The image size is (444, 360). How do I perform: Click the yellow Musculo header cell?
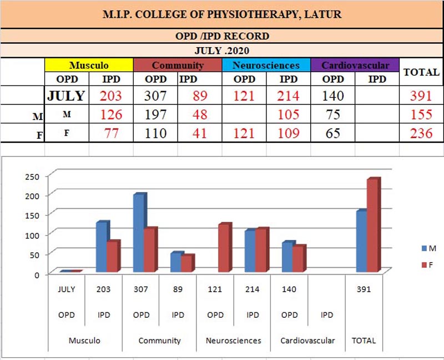click(89, 65)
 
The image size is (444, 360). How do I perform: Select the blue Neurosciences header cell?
click(266, 65)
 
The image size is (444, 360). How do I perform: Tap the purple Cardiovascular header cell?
click(355, 65)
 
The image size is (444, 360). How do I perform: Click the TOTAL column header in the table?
click(421, 72)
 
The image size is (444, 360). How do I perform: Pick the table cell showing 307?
click(155, 95)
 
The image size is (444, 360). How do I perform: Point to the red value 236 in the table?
click(421, 133)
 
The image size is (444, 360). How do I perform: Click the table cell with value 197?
click(155, 114)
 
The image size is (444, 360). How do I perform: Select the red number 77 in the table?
click(111, 133)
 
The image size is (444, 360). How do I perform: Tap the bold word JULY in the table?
click(66, 95)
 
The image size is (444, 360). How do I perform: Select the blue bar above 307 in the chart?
click(139, 233)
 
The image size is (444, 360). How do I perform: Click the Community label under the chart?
click(159, 340)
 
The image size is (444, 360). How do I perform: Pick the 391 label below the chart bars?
click(364, 289)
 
